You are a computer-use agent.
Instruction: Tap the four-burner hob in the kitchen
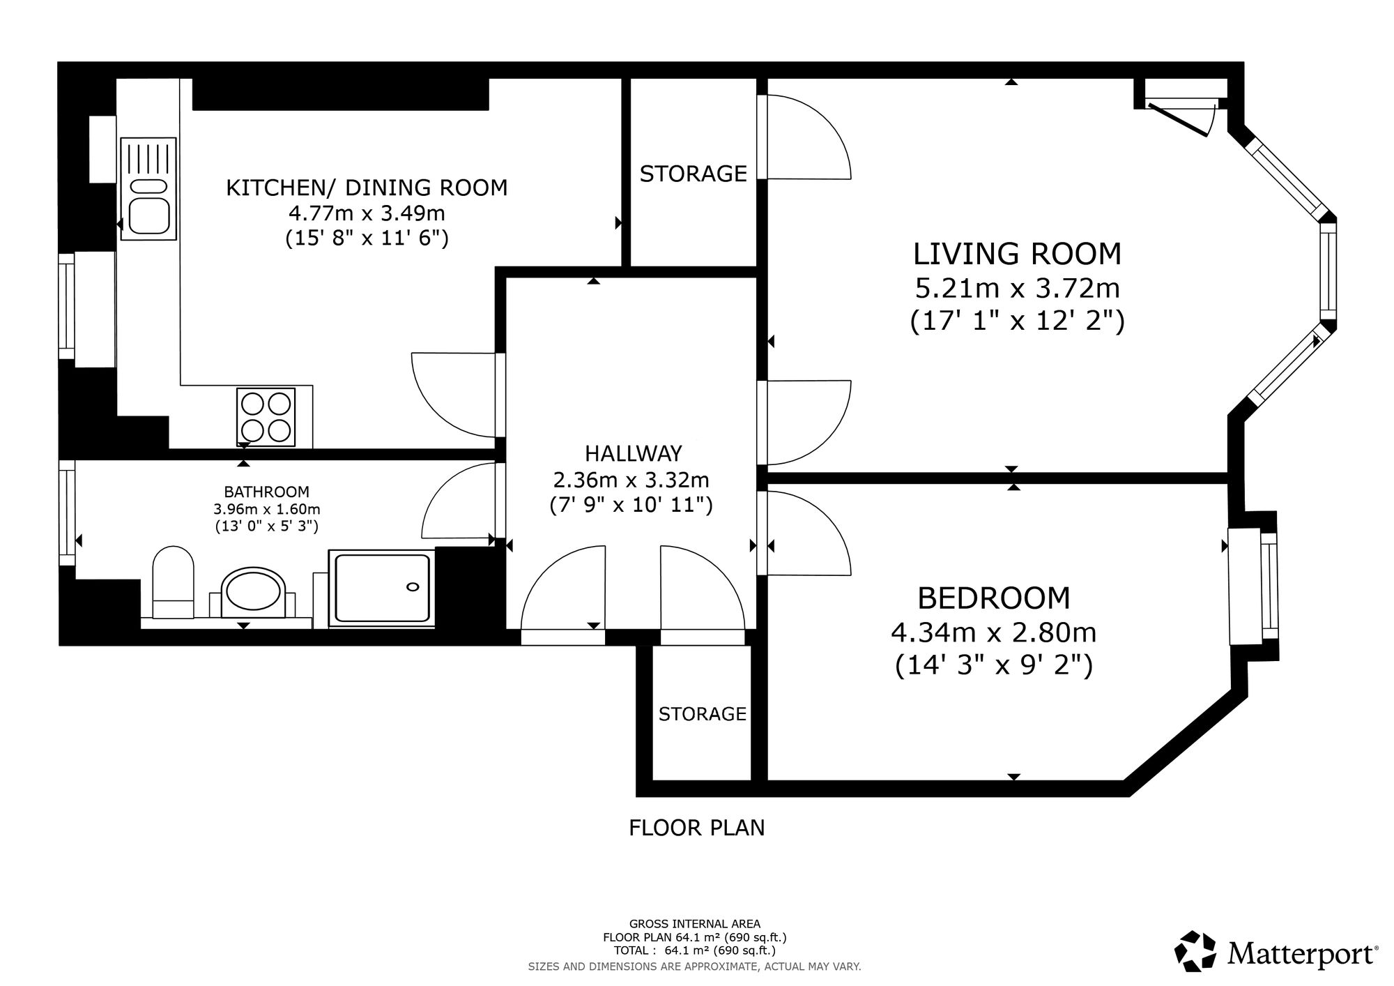click(x=266, y=417)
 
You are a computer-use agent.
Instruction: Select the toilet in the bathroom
click(x=173, y=582)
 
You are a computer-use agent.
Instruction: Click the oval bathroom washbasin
click(x=252, y=593)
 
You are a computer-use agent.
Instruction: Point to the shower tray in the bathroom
click(x=381, y=587)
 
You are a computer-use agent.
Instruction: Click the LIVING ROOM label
click(x=1018, y=254)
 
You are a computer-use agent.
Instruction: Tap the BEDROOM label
click(x=993, y=598)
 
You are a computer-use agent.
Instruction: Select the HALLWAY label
click(x=633, y=454)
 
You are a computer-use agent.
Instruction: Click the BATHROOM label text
click(x=266, y=492)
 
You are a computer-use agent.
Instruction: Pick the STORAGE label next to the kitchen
click(x=693, y=174)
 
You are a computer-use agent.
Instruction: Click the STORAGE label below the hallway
click(x=702, y=714)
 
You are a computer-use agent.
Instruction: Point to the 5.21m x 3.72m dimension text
click(x=1018, y=287)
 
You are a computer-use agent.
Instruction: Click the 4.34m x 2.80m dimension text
click(x=993, y=632)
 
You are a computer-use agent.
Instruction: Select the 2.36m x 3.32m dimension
click(x=631, y=480)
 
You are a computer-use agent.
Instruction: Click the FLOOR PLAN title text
click(x=697, y=828)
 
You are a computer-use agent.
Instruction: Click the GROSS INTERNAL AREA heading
click(x=695, y=925)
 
